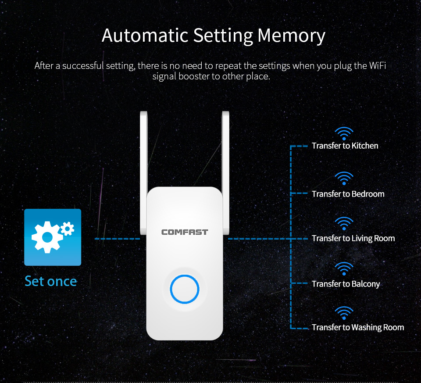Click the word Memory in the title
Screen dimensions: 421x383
pos(291,36)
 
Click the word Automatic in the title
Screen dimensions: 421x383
pos(145,35)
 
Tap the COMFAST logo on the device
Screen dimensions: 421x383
pos(185,232)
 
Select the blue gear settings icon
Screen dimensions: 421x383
pos(53,237)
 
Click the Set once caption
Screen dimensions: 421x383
pos(51,281)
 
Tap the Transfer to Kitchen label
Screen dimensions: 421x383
pos(345,146)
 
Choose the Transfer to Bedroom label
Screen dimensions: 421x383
pos(348,194)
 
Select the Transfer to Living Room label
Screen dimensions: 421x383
pos(353,238)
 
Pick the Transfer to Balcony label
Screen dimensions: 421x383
pos(346,284)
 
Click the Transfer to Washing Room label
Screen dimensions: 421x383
pos(358,327)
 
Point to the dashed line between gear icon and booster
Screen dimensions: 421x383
pos(118,239)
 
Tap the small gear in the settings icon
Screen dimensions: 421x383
pos(68,229)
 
